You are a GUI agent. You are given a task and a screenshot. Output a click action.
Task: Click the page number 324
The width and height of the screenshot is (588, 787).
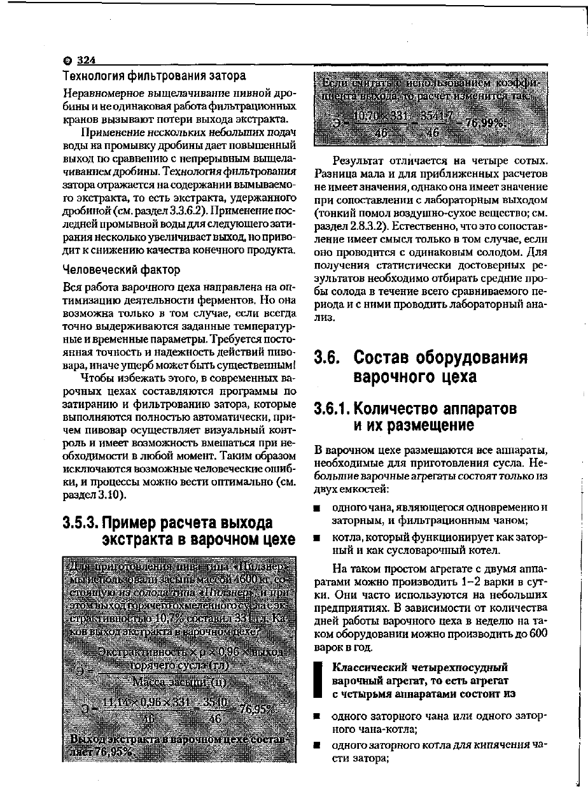click(x=86, y=60)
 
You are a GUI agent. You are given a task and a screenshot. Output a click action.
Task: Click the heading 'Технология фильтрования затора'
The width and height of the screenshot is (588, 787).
click(x=154, y=76)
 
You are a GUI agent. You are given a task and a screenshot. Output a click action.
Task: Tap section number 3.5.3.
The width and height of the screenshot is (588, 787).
click(x=81, y=523)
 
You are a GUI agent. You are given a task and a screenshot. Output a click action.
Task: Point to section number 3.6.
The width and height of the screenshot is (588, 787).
click(x=330, y=358)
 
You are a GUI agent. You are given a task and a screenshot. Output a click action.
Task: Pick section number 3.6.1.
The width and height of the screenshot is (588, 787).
click(x=333, y=408)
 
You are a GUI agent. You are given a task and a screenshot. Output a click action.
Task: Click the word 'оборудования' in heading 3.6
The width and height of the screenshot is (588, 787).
click(x=468, y=358)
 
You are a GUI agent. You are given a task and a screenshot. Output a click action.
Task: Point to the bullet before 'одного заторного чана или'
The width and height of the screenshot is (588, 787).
click(x=316, y=717)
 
